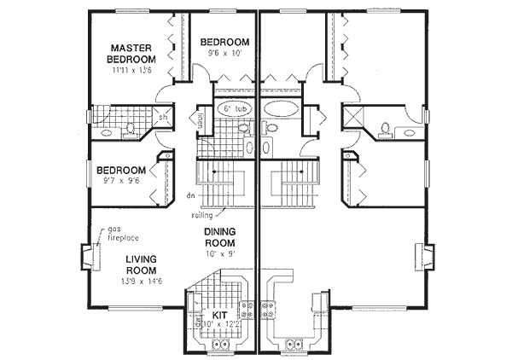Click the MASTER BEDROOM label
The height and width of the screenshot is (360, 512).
click(131, 53)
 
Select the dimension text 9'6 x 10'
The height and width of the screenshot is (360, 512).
click(225, 54)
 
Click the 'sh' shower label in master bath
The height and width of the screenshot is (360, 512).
click(162, 118)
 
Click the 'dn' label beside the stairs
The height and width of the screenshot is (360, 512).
click(190, 195)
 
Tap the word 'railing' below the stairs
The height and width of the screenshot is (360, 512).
click(202, 216)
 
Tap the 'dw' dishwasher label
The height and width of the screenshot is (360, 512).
click(194, 322)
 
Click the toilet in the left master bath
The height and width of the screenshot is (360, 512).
click(131, 129)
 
